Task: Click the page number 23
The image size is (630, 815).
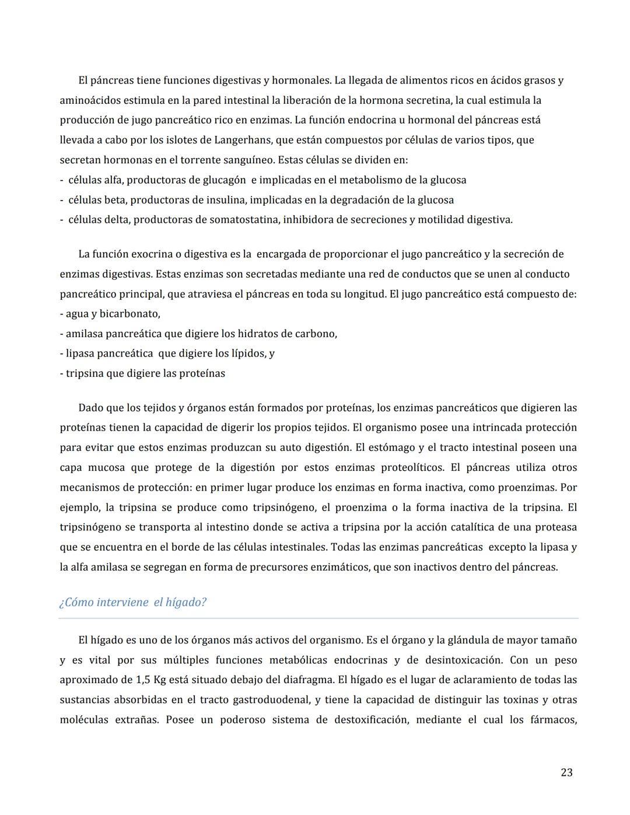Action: tap(566, 772)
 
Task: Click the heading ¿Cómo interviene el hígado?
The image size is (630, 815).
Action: tap(133, 602)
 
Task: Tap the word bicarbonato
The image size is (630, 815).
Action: tap(129, 314)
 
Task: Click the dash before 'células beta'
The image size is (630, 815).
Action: tap(62, 200)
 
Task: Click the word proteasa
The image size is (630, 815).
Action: tap(555, 527)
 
